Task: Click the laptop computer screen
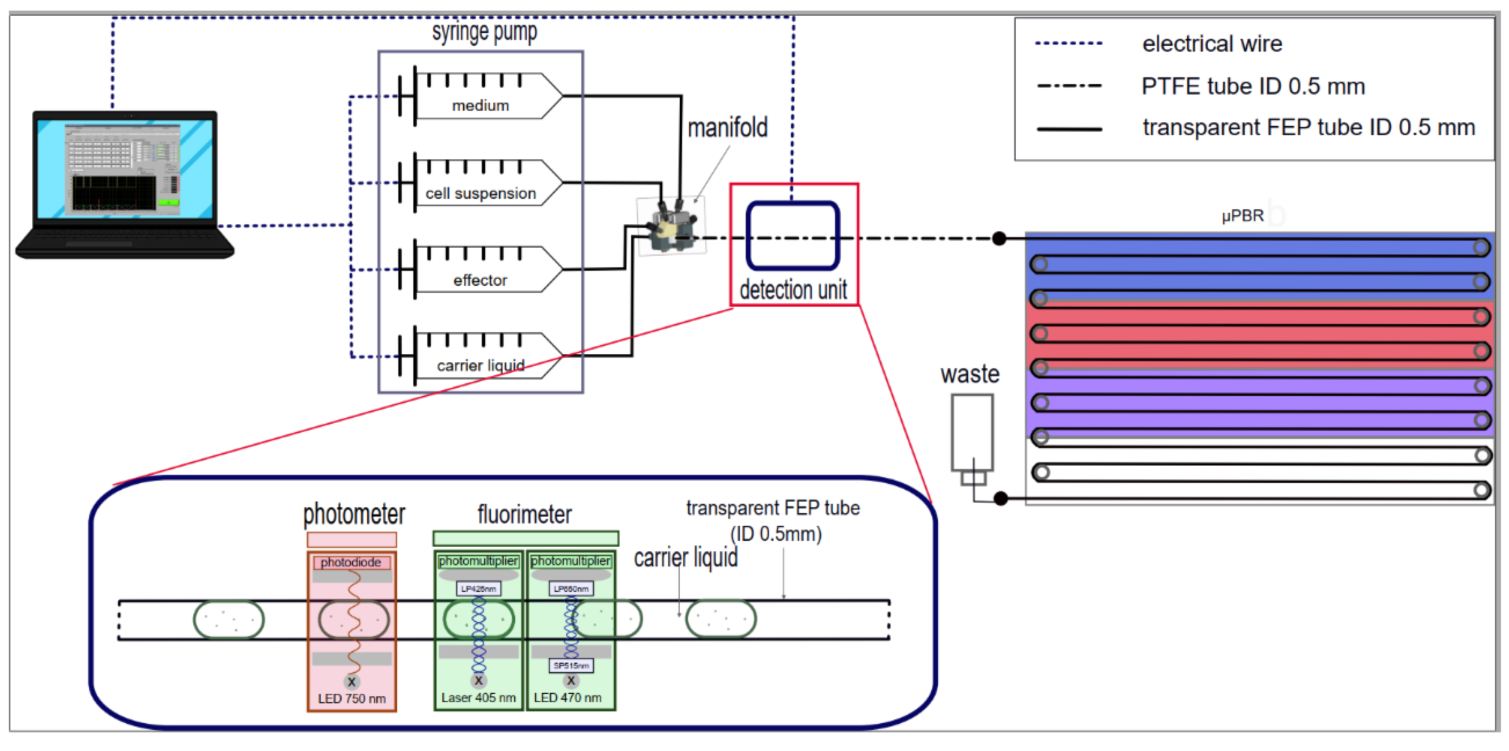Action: pyautogui.click(x=124, y=169)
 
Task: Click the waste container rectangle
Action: pyautogui.click(x=972, y=432)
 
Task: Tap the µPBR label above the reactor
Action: pyautogui.click(x=1243, y=216)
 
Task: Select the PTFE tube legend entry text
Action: pyautogui.click(x=1253, y=86)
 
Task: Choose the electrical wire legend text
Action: pyautogui.click(x=1212, y=44)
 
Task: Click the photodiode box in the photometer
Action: pyautogui.click(x=351, y=562)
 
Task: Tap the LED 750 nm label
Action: pyautogui.click(x=351, y=699)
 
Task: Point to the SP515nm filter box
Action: pyautogui.click(x=571, y=666)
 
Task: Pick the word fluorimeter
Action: pyautogui.click(x=524, y=515)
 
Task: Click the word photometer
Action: pyautogui.click(x=354, y=515)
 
